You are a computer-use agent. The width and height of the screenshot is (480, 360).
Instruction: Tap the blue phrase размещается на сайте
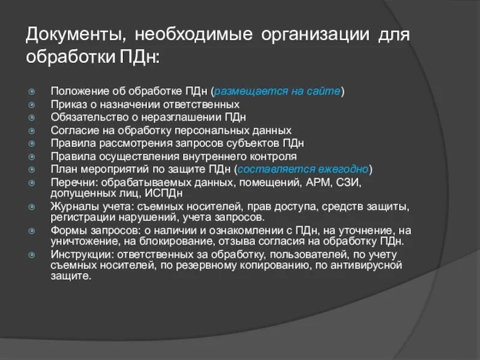coord(278,91)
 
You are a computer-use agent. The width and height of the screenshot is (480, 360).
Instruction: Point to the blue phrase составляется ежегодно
coord(304,169)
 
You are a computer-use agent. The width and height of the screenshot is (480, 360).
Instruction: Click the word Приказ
coord(68,104)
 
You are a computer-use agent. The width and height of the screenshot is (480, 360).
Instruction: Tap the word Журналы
coord(73,207)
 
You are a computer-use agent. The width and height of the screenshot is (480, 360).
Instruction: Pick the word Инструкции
coord(78,254)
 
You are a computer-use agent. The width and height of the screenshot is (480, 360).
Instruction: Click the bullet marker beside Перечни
coord(32,182)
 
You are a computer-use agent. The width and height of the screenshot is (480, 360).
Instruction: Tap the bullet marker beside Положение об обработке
coord(32,92)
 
